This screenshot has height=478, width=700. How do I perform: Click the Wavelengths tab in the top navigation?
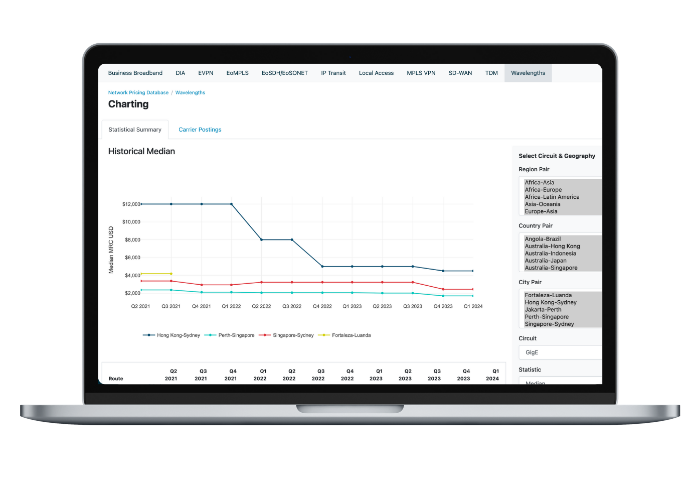pyautogui.click(x=528, y=73)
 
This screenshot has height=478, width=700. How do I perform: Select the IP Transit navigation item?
pyautogui.click(x=333, y=73)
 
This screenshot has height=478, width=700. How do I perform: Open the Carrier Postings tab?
pyautogui.click(x=200, y=130)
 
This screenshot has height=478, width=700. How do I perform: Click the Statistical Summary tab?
pyautogui.click(x=135, y=130)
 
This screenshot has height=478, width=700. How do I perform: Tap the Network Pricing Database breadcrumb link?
pyautogui.click(x=138, y=92)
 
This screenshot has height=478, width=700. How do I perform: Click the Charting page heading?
pyautogui.click(x=128, y=104)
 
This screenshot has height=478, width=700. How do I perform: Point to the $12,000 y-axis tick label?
pyautogui.click(x=131, y=204)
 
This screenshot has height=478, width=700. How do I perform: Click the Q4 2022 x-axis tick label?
pyautogui.click(x=322, y=306)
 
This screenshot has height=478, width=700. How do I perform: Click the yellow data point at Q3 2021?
pyautogui.click(x=171, y=274)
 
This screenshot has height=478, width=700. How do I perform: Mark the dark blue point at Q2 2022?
pyautogui.click(x=261, y=240)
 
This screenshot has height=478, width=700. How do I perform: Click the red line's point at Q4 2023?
pyautogui.click(x=443, y=289)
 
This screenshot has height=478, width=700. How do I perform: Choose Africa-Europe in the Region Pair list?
pyautogui.click(x=543, y=190)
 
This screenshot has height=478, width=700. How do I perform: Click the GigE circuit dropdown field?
pyautogui.click(x=560, y=352)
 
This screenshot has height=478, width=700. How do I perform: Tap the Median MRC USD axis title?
pyautogui.click(x=111, y=250)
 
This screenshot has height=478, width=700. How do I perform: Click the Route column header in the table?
pyautogui.click(x=116, y=379)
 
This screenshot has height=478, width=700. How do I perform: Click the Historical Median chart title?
pyautogui.click(x=141, y=151)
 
